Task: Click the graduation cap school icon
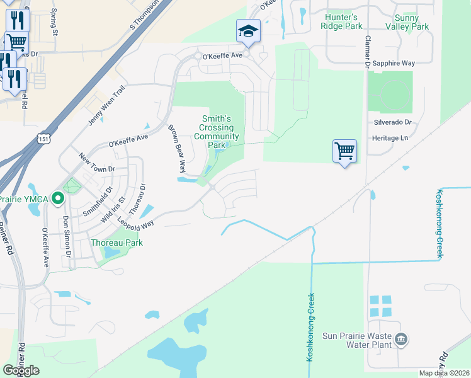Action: pyautogui.click(x=248, y=30)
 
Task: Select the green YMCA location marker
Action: pyautogui.click(x=58, y=199)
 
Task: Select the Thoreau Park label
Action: pyautogui.click(x=116, y=243)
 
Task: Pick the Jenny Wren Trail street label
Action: pyautogui.click(x=107, y=107)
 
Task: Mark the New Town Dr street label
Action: pyautogui.click(x=97, y=162)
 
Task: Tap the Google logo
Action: pyautogui.click(x=21, y=370)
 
